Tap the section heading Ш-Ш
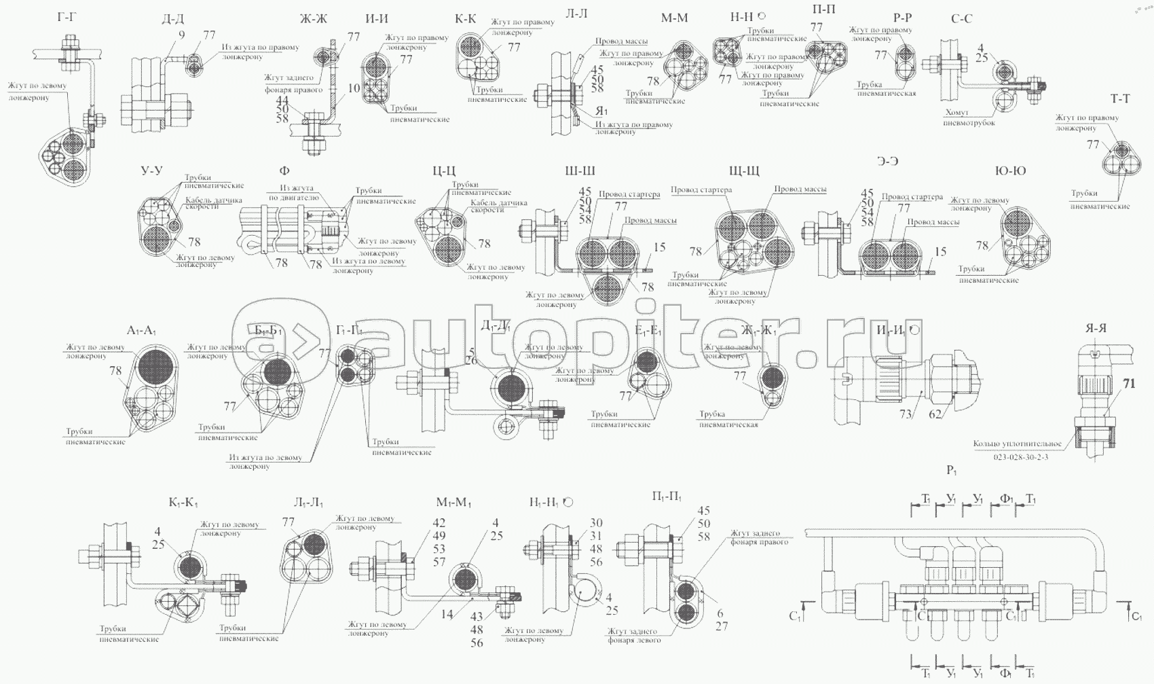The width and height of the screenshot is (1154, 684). [x=580, y=171]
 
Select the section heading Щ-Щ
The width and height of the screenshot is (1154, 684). [x=743, y=171]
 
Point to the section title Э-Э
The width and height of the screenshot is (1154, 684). [x=887, y=161]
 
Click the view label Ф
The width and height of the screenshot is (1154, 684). [x=284, y=171]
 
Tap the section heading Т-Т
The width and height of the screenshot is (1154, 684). [x=1120, y=99]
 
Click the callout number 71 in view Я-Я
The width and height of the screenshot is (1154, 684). [x=1128, y=384]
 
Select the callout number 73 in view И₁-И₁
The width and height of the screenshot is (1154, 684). [x=906, y=414]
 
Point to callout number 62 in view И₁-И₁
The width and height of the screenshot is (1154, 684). [x=935, y=414]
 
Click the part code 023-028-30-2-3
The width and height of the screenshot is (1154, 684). [x=1020, y=457]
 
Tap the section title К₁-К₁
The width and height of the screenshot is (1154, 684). [x=183, y=503]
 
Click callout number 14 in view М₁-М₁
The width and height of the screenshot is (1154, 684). [x=446, y=615]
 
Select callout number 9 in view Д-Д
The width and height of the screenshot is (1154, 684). [x=181, y=35]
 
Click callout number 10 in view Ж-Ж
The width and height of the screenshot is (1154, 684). [x=354, y=88]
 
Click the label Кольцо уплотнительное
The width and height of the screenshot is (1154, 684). [x=1017, y=444]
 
